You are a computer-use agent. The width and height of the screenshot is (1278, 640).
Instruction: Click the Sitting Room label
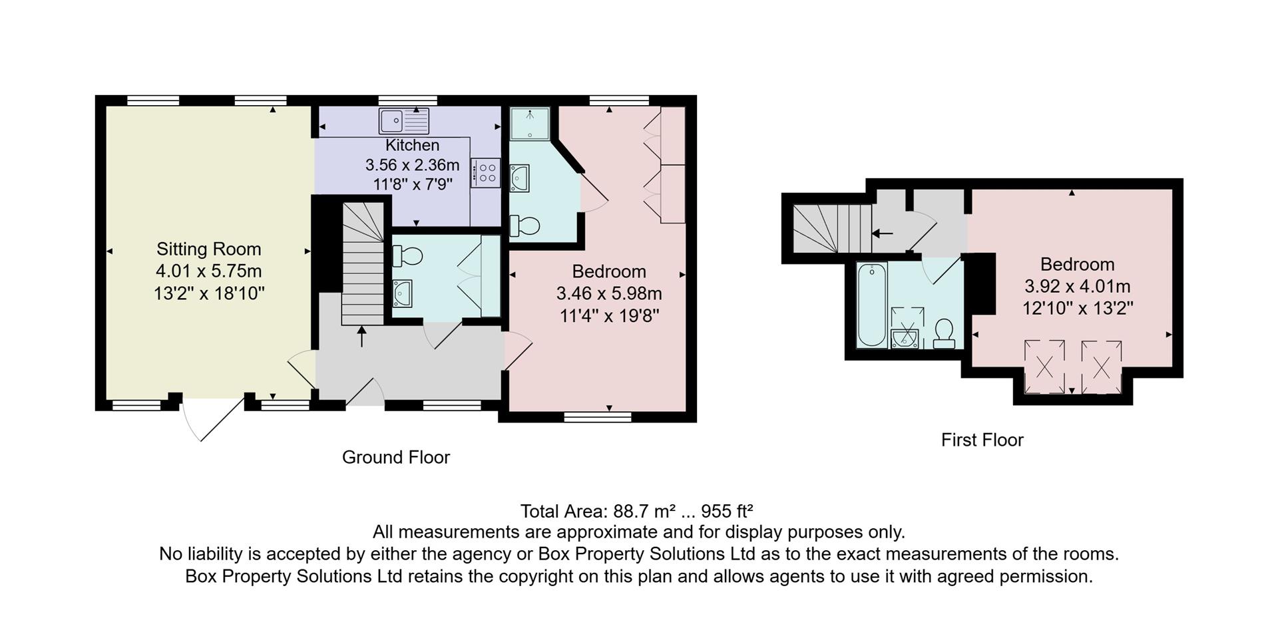(x=208, y=249)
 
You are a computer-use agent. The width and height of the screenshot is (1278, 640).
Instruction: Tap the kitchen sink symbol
(x=404, y=121)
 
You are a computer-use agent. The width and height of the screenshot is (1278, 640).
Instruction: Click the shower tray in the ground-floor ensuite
(x=530, y=123)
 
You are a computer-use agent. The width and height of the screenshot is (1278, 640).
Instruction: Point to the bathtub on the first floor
(x=872, y=305)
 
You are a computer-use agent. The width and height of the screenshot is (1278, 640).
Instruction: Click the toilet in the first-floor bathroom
(x=944, y=333)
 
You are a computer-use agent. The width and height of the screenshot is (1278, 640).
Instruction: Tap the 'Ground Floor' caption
(x=395, y=457)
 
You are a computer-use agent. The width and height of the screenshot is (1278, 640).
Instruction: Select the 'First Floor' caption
(x=982, y=440)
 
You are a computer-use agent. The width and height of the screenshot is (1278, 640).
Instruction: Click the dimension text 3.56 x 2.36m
(x=412, y=164)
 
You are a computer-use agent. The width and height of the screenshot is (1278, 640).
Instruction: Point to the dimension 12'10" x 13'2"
(x=1078, y=308)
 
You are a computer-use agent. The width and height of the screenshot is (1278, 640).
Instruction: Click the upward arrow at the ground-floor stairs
(x=361, y=336)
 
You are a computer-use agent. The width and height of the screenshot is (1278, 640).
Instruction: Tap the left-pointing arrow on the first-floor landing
(x=883, y=234)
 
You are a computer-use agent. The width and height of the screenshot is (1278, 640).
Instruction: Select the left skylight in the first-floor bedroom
(x=1044, y=367)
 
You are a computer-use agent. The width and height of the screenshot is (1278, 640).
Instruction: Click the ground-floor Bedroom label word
(x=609, y=271)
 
